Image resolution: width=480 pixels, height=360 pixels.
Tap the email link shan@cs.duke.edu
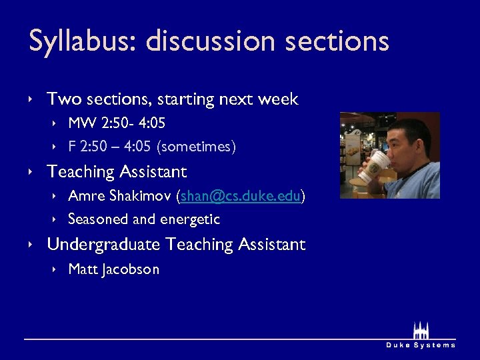pyautogui.click(x=241, y=196)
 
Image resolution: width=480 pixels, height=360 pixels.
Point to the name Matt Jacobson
pyautogui.click(x=113, y=269)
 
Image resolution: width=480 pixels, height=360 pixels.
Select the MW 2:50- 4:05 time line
pyautogui.click(x=117, y=123)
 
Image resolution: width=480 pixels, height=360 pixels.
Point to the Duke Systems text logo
pyautogui.click(x=421, y=345)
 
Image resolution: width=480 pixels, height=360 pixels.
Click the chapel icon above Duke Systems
pyautogui.click(x=421, y=329)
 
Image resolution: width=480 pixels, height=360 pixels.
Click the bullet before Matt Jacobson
pyautogui.click(x=55, y=269)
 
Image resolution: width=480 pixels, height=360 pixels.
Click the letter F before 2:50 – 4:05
pyautogui.click(x=72, y=146)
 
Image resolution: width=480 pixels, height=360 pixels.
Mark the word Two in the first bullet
pyautogui.click(x=64, y=99)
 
